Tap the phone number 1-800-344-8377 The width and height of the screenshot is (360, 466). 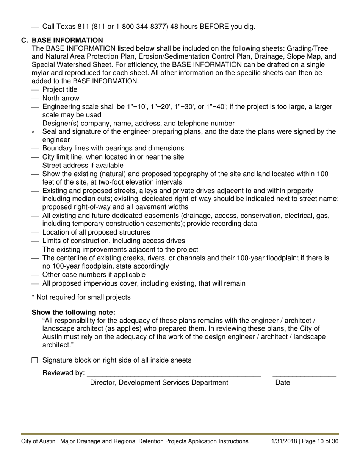[128, 27]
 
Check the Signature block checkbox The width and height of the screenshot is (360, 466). [35, 360]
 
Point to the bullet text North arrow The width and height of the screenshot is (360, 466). [61, 98]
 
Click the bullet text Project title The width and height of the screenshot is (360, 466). [59, 90]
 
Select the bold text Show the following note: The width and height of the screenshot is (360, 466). [74, 313]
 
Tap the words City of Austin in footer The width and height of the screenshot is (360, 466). [39, 441]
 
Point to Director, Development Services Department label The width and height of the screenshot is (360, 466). [159, 383]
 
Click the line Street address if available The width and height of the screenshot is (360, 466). [83, 165]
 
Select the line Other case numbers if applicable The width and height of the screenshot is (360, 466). [94, 275]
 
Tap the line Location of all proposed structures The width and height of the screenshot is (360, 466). [96, 232]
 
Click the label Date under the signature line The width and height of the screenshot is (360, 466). [283, 383]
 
